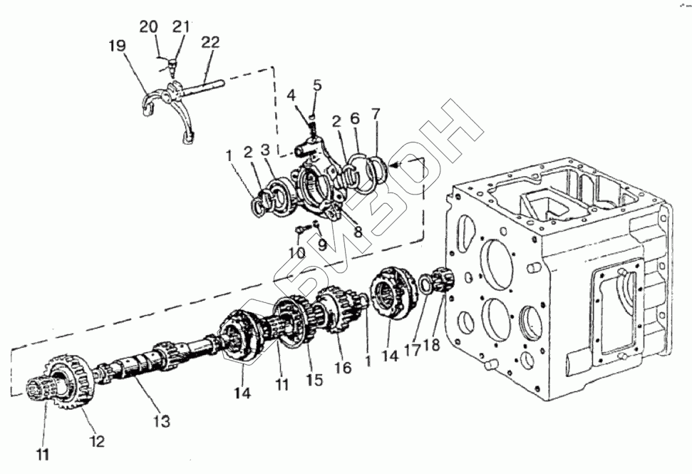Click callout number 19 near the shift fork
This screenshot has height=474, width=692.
[118, 48]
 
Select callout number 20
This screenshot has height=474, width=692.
[148, 27]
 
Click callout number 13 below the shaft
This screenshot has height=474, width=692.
[161, 421]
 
